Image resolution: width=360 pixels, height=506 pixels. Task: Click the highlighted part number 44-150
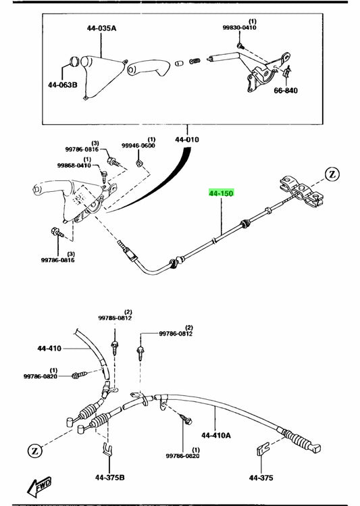coord(221,193)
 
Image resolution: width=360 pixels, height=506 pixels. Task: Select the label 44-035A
coord(101,29)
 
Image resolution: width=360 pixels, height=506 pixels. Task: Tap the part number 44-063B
coord(63,86)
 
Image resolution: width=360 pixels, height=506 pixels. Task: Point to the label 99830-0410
coord(239,28)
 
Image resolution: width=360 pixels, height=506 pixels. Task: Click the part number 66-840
coord(285,90)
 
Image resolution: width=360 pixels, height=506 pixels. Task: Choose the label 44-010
coord(188,140)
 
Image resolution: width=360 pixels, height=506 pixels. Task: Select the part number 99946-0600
coord(138,146)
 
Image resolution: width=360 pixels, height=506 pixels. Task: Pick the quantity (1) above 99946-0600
coord(151,139)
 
